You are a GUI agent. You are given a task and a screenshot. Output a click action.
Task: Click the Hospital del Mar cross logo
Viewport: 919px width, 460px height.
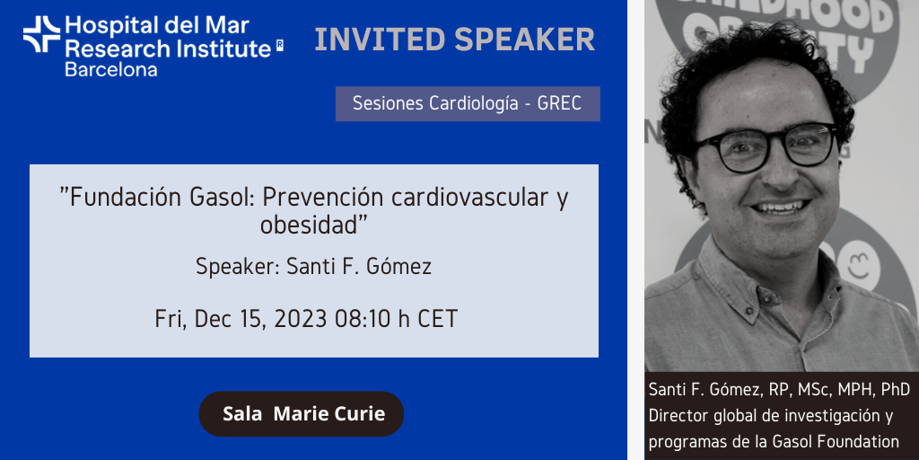tap(41, 34)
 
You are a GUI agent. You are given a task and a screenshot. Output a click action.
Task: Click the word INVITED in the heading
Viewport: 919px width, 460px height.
tap(380, 40)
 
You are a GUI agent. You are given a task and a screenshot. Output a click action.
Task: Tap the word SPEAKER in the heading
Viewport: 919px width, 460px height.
tap(524, 40)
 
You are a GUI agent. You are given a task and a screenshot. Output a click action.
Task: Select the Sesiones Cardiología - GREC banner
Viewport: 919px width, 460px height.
tap(468, 104)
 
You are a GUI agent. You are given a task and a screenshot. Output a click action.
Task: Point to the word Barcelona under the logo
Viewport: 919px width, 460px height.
tap(110, 70)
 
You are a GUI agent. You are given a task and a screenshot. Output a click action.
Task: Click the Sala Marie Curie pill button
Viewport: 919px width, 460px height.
tap(302, 413)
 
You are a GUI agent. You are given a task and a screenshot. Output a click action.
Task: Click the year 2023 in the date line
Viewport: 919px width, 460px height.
tap(300, 319)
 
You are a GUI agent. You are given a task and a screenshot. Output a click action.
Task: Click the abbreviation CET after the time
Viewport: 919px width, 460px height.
tap(437, 319)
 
